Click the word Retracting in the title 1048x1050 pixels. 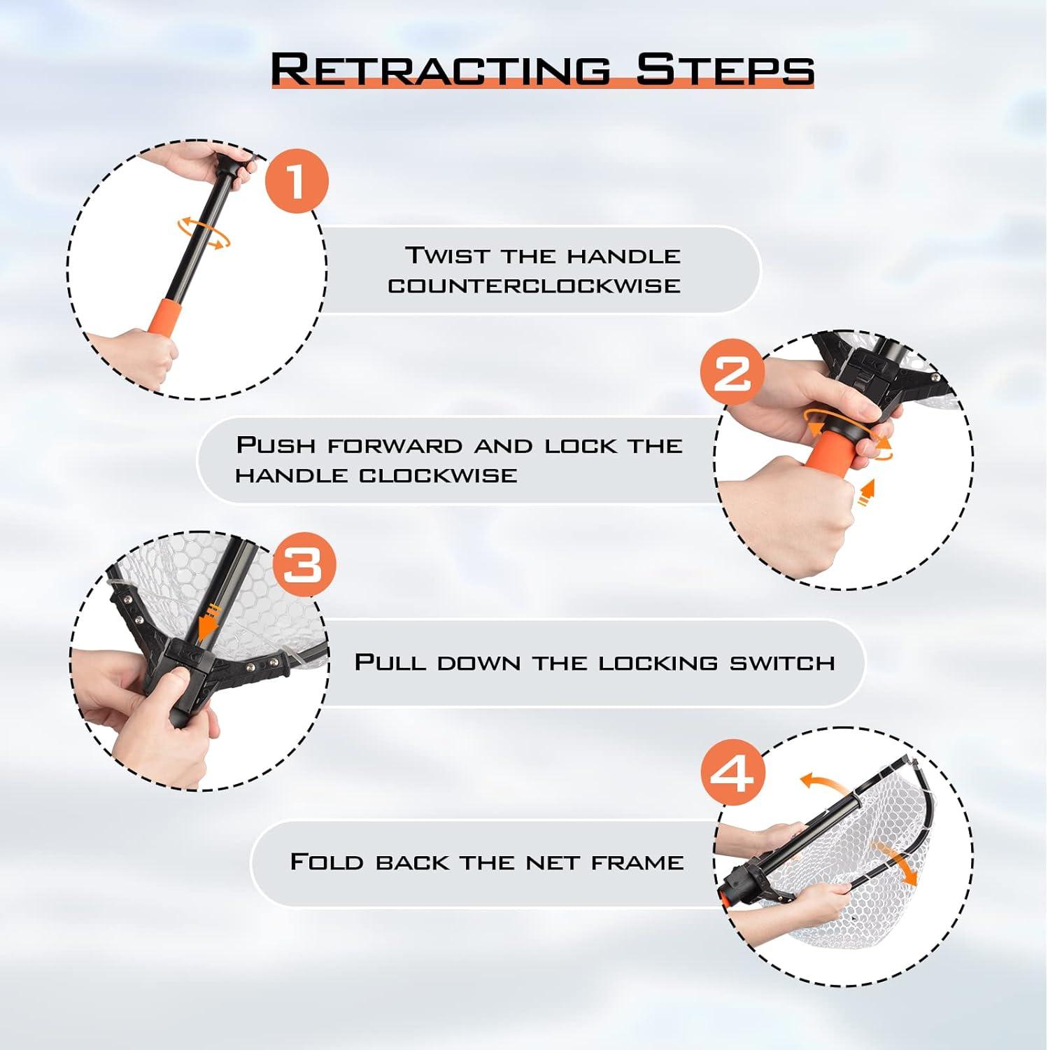coord(440,70)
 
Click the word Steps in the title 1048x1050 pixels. coord(725,70)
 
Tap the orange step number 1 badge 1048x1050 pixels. coord(297,181)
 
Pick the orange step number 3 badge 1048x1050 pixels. coord(304,564)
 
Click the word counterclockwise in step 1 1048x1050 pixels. coord(534,286)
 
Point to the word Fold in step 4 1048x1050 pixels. coord(327,861)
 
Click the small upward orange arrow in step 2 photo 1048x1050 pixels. coord(868,492)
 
